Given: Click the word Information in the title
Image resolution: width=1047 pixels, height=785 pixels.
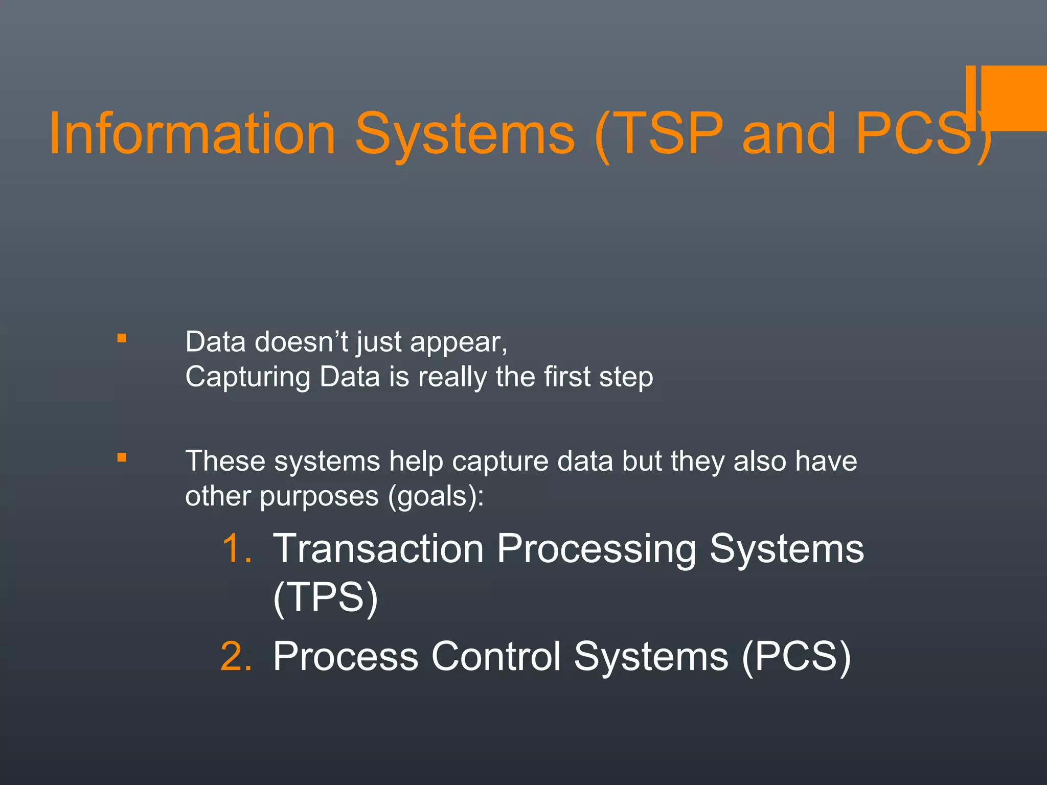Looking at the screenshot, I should (192, 134).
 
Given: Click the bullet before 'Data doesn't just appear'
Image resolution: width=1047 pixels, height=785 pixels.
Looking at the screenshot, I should (122, 338).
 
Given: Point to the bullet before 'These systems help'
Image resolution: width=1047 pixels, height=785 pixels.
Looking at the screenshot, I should (122, 457).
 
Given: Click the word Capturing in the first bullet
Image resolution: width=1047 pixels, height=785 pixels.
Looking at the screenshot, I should (247, 377).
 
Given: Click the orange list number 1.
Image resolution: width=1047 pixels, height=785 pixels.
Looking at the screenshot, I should (237, 549).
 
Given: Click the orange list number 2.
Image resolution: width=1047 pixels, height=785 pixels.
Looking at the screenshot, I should (237, 656).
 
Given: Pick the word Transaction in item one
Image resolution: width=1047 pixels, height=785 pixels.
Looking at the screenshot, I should (378, 549).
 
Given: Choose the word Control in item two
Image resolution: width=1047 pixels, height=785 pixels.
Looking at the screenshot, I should (496, 656).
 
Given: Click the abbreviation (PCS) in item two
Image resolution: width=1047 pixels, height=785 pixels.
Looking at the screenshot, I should (796, 656).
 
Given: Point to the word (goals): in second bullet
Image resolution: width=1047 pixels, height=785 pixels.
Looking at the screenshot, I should (436, 497).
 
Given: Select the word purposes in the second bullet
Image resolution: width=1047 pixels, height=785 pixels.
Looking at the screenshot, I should (319, 497).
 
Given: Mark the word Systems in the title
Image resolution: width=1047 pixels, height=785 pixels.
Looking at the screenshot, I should (465, 134).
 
